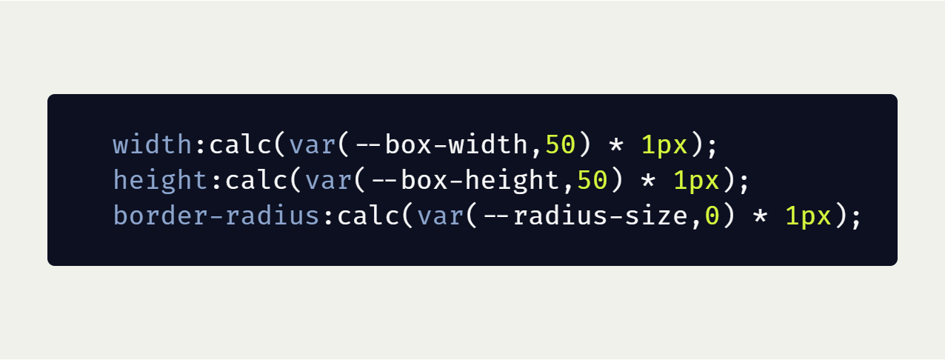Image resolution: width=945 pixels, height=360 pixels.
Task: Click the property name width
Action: [153, 144]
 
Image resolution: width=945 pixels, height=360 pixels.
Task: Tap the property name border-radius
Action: [217, 216]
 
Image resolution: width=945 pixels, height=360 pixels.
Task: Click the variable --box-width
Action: [441, 144]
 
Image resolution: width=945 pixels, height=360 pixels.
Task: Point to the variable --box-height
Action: [458, 180]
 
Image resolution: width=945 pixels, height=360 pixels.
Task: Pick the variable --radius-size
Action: [586, 216]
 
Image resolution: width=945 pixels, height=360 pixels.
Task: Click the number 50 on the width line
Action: [560, 144]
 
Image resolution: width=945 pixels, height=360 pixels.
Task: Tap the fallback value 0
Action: [712, 216]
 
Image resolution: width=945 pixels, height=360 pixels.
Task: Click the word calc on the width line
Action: [241, 144]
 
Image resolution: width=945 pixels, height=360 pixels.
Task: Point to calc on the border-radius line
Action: [369, 216]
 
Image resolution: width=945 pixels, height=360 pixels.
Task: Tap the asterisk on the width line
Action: [616, 144]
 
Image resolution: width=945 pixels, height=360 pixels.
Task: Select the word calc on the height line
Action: [257, 180]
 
